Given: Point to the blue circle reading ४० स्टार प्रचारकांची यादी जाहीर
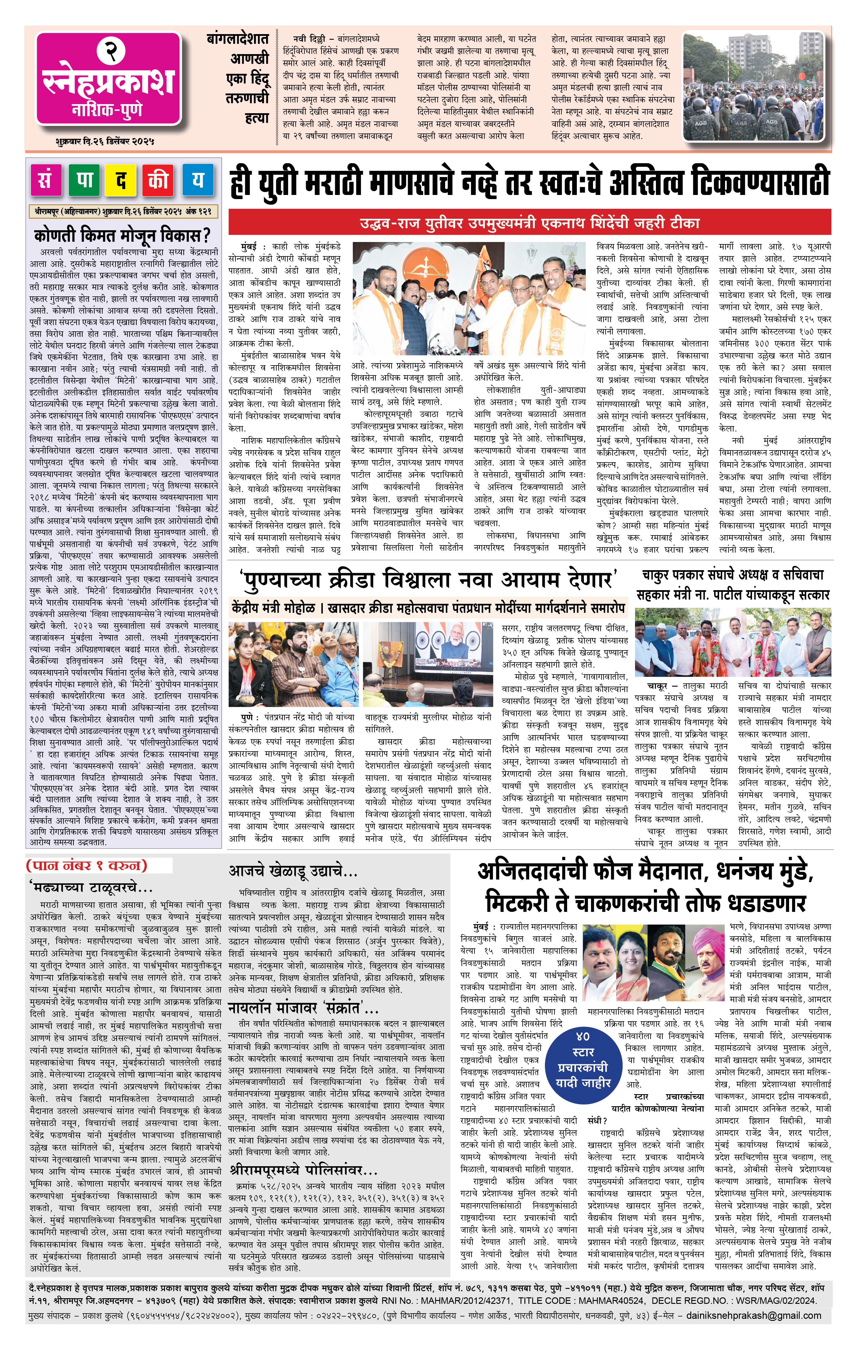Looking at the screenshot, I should pyautogui.click(x=584, y=1059).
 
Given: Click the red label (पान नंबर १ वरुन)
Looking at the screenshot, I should pyautogui.click(x=87, y=865).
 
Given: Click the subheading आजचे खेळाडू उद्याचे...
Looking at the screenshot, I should pyautogui.click(x=293, y=871).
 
